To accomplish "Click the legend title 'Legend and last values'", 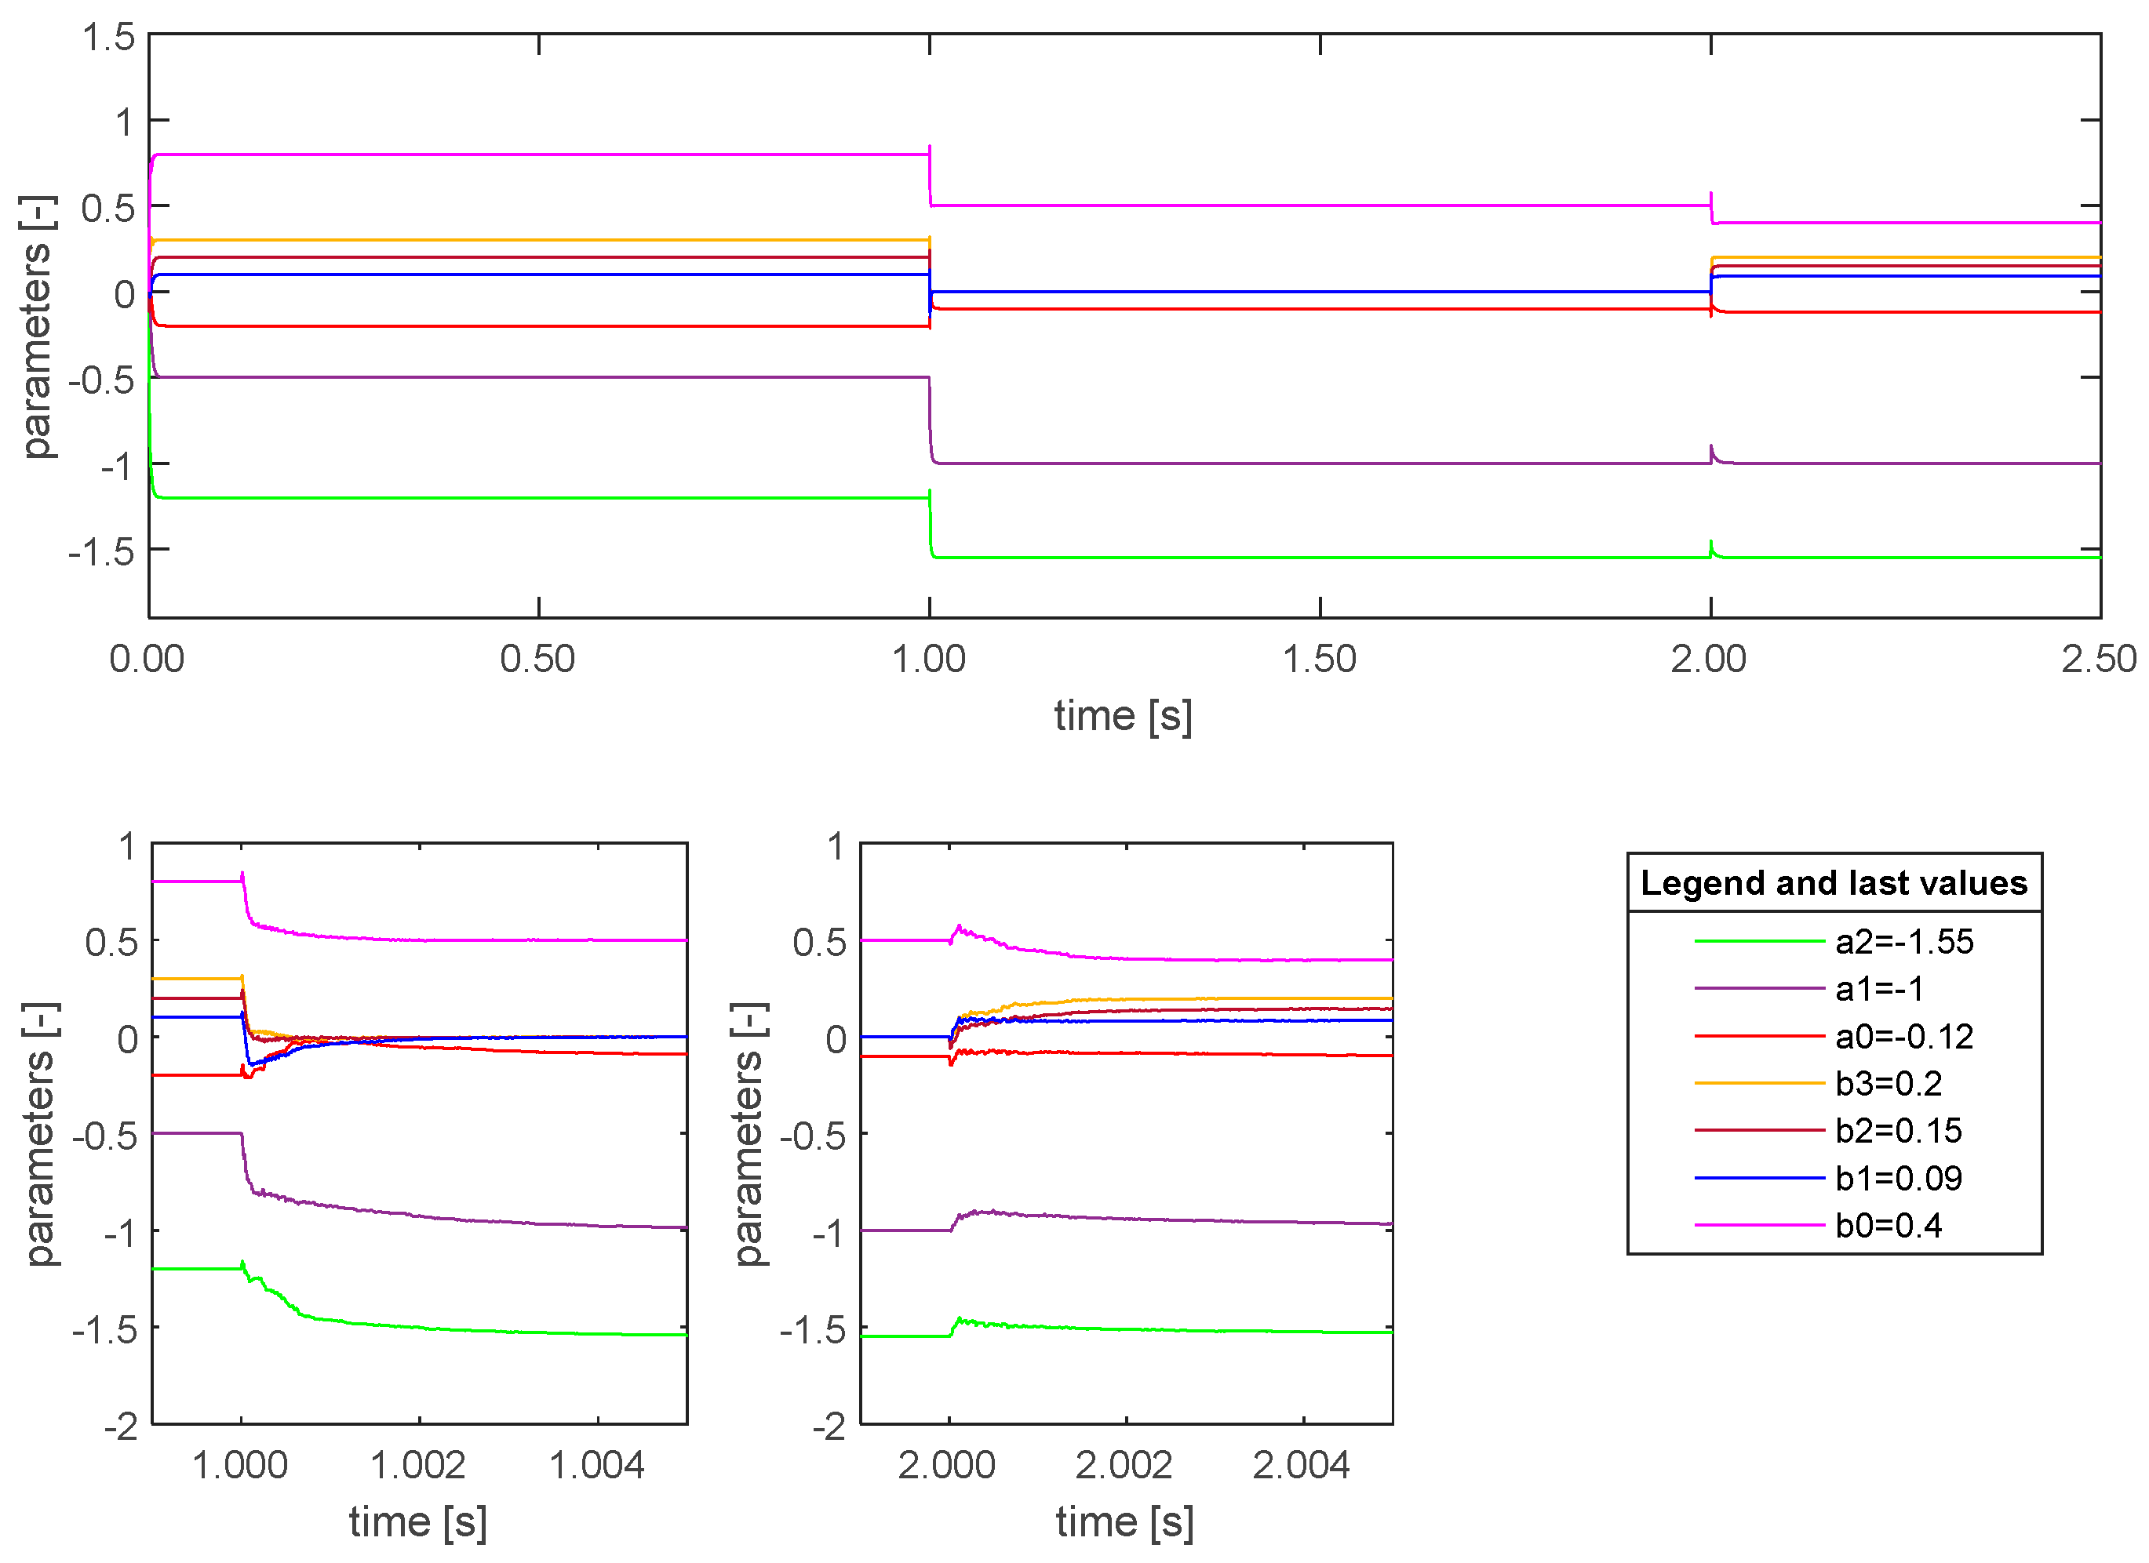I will click(1834, 883).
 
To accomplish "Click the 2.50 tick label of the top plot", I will click(2098, 660).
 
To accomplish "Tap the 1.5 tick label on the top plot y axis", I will click(108, 38).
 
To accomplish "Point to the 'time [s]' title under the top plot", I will click(1123, 716).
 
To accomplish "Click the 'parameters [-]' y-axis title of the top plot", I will click(38, 327).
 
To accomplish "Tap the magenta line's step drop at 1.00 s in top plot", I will click(931, 180).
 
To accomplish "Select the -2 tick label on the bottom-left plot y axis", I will click(122, 1427).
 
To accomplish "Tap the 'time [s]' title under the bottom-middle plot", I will click(1125, 1522).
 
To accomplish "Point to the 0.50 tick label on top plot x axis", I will click(537, 660).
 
